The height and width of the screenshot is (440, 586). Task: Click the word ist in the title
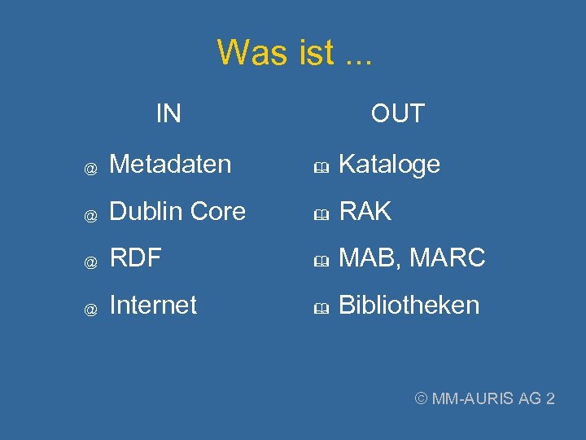(312, 53)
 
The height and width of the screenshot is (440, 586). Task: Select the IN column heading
(168, 113)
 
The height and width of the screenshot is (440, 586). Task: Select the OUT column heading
(398, 113)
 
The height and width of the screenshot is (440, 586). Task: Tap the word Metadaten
(170, 165)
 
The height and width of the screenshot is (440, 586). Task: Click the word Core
(217, 212)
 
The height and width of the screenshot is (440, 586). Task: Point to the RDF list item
(135, 258)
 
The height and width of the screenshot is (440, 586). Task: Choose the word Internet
(153, 306)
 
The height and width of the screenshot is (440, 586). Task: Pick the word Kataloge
(389, 165)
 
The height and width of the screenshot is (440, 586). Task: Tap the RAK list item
(365, 212)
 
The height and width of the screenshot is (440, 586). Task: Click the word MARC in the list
(448, 259)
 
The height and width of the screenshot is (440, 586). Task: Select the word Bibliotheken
(409, 306)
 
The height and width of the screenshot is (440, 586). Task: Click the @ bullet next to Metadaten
(92, 168)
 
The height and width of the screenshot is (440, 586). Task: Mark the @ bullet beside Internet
(92, 309)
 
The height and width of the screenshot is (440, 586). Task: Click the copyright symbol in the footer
(422, 398)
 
